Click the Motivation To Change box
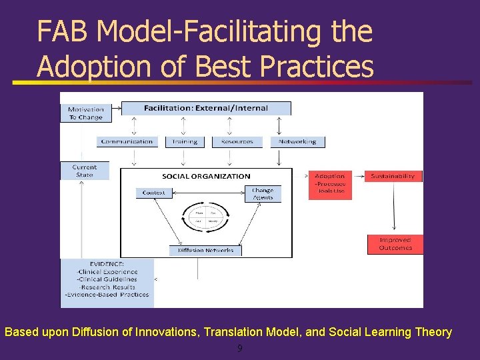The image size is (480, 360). (x=86, y=113)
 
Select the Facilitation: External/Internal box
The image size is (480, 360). (x=205, y=108)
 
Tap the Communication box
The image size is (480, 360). (x=127, y=141)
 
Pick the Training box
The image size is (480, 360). (x=185, y=141)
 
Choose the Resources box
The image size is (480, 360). (x=237, y=141)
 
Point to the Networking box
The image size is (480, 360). (x=298, y=141)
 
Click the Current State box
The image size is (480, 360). (x=84, y=171)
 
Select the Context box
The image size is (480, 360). (x=154, y=193)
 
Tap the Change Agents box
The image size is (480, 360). (x=262, y=193)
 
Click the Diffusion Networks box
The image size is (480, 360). (x=205, y=251)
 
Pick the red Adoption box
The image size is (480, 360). (x=330, y=184)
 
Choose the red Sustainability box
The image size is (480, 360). (x=393, y=177)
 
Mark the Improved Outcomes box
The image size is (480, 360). (x=395, y=244)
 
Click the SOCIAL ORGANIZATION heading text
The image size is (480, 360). (x=206, y=176)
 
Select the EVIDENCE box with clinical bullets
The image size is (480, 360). (x=107, y=283)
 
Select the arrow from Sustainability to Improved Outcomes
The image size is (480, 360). (x=395, y=207)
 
